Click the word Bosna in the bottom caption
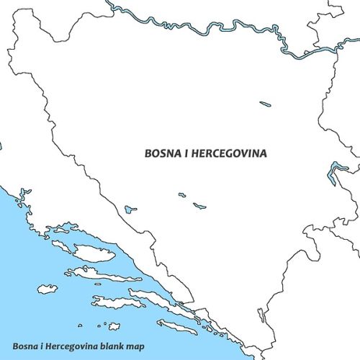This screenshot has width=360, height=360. click(27, 346)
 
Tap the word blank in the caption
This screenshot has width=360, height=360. click(117, 346)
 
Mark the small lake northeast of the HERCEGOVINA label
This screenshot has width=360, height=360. click(266, 104)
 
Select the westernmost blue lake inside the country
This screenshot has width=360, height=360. click(130, 210)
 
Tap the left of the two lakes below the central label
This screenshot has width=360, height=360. click(182, 194)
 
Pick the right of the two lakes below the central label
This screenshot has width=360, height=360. click(199, 206)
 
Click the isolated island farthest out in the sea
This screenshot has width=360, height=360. click(48, 289)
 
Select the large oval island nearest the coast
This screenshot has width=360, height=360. click(93, 253)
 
